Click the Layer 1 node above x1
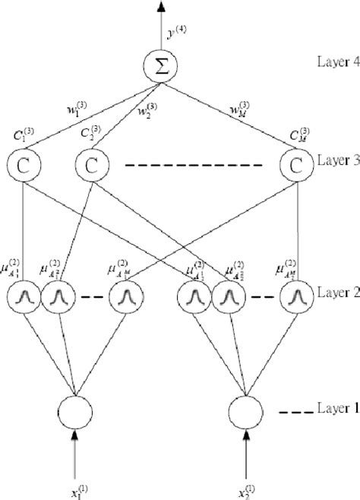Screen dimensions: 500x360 coord(74,412)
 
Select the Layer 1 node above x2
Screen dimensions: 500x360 coord(245,412)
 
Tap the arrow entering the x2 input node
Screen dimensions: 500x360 coord(245,448)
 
